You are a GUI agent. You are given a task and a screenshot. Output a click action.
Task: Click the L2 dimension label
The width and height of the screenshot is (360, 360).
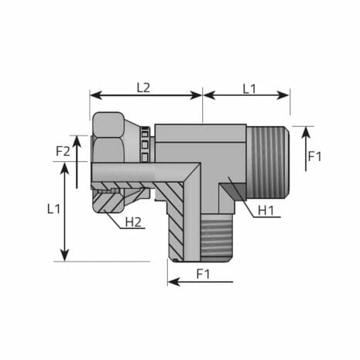click(143, 87)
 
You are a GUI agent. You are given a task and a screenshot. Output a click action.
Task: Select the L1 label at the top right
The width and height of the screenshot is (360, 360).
click(248, 87)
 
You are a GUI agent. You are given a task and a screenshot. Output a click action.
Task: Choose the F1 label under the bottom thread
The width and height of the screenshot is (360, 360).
click(203, 273)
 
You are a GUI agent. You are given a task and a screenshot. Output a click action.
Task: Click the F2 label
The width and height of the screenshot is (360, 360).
click(63, 151)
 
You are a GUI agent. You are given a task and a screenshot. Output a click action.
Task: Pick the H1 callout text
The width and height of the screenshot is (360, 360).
click(266, 210)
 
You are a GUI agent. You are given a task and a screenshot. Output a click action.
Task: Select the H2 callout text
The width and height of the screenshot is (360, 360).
click(133, 222)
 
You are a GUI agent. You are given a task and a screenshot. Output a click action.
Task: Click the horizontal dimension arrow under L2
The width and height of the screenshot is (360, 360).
click(146, 95)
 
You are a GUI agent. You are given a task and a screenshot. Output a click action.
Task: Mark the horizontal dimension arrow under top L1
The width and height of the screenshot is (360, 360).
click(246, 95)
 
